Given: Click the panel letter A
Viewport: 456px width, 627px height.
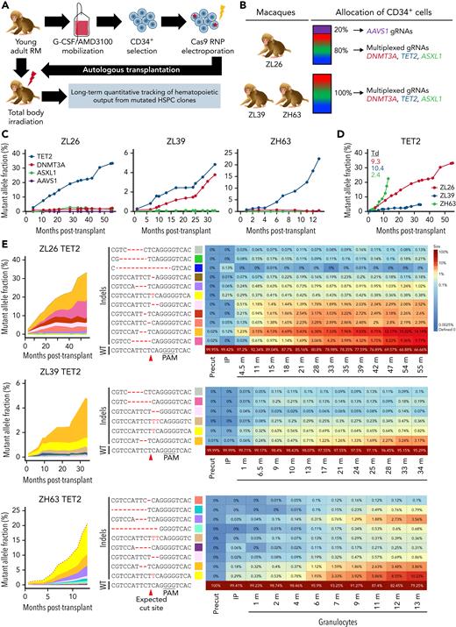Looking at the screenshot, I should coord(6,7).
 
